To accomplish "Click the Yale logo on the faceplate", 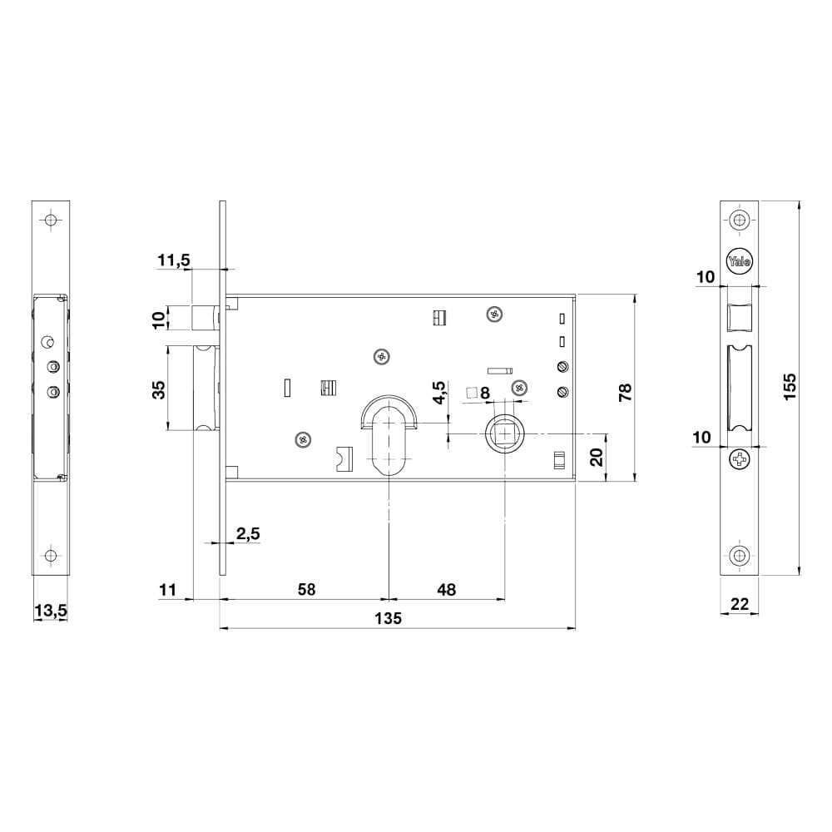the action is click(739, 261).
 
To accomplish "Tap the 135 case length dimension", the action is click(389, 618).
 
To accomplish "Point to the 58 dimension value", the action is click(307, 590).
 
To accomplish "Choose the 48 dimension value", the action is click(446, 590).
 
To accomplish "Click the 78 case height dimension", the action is click(626, 392).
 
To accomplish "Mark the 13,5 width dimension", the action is click(51, 611).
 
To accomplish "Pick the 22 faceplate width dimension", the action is click(739, 604).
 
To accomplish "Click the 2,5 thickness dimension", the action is click(248, 533).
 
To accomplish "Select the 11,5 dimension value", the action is click(174, 260).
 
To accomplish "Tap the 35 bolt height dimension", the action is click(159, 389).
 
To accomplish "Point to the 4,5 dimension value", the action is click(440, 393).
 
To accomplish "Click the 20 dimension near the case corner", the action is click(597, 457).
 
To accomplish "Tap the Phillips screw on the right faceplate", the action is click(739, 459).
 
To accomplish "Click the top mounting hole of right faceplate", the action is click(739, 219).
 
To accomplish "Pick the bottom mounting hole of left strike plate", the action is click(51, 556).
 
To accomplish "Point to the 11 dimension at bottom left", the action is click(167, 590).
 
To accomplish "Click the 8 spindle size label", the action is click(484, 393).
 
